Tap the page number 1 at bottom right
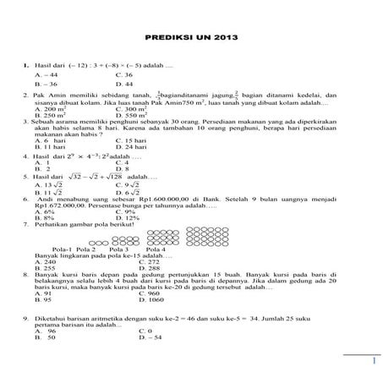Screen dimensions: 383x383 click(x=372, y=362)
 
